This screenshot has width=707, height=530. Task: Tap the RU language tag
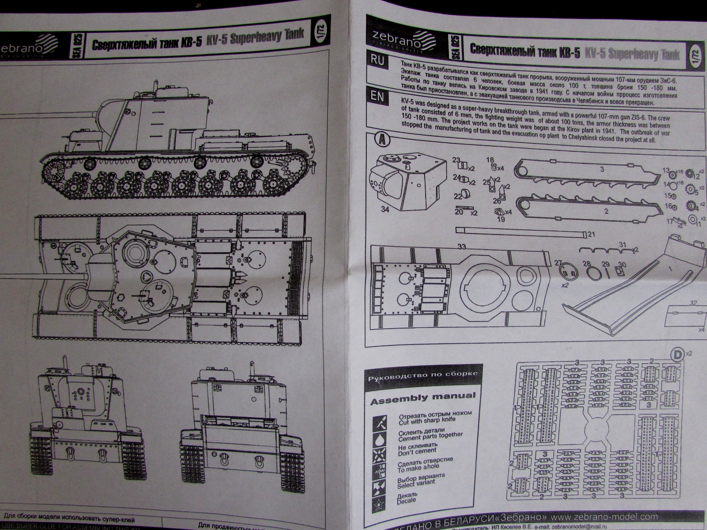point(378,61)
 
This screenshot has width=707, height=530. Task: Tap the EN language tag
point(378,97)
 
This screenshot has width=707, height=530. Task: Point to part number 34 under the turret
point(384,209)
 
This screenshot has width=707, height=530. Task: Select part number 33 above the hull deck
point(461,246)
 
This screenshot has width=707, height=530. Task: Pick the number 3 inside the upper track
point(602,170)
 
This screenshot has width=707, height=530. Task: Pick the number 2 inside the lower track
point(606,211)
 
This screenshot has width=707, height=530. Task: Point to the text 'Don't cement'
point(411,451)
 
